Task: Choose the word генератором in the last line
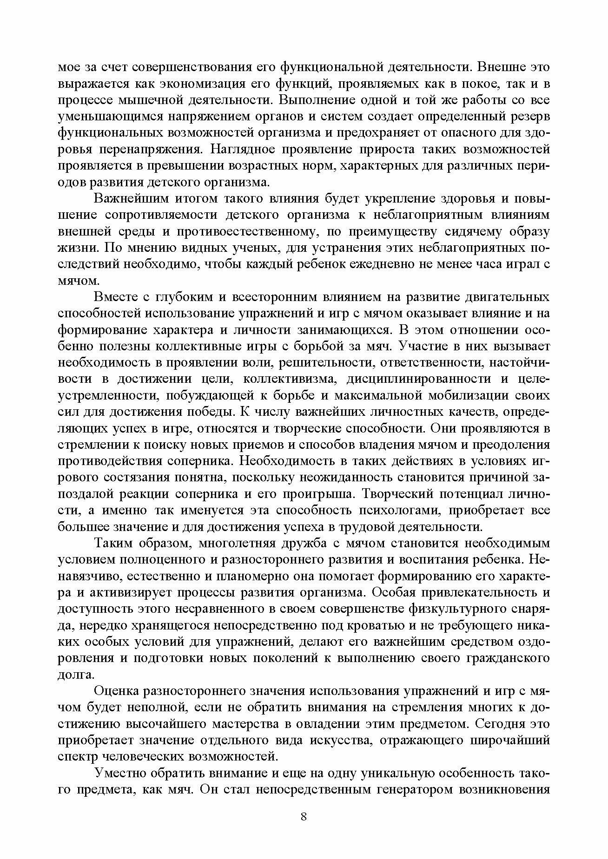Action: [x=418, y=790]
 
